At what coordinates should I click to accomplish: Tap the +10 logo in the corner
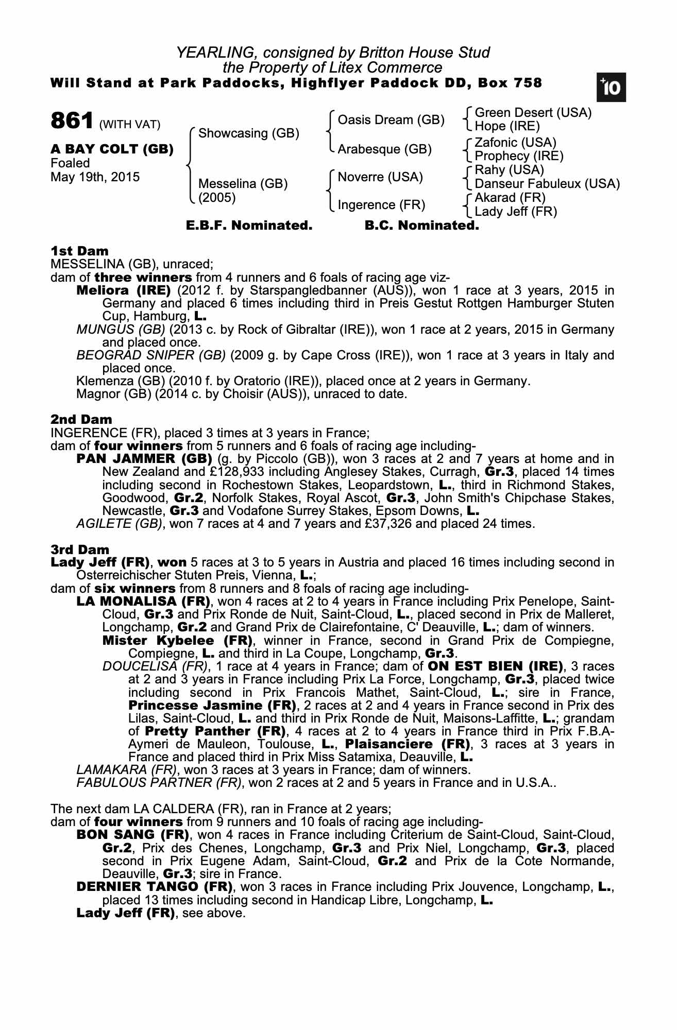click(x=611, y=88)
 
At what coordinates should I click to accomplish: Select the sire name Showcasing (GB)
click(x=248, y=133)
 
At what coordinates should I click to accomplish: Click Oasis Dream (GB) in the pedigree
click(x=391, y=120)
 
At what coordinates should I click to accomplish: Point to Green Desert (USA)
click(x=533, y=113)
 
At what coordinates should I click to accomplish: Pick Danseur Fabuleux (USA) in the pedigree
click(x=547, y=184)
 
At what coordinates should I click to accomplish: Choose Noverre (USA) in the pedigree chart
click(x=380, y=177)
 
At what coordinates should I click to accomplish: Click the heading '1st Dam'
click(x=79, y=251)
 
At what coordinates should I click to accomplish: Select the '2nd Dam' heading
click(x=81, y=420)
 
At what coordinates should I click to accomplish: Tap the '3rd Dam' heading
click(x=80, y=550)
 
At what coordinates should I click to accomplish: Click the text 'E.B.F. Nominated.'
click(x=249, y=226)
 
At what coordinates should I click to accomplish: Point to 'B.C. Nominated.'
click(x=421, y=226)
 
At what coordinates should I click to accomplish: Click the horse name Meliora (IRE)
click(x=123, y=290)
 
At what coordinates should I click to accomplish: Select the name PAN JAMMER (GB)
click(x=144, y=459)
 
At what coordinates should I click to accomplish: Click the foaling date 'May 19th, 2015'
click(x=95, y=177)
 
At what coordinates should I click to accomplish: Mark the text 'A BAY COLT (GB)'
click(x=112, y=149)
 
